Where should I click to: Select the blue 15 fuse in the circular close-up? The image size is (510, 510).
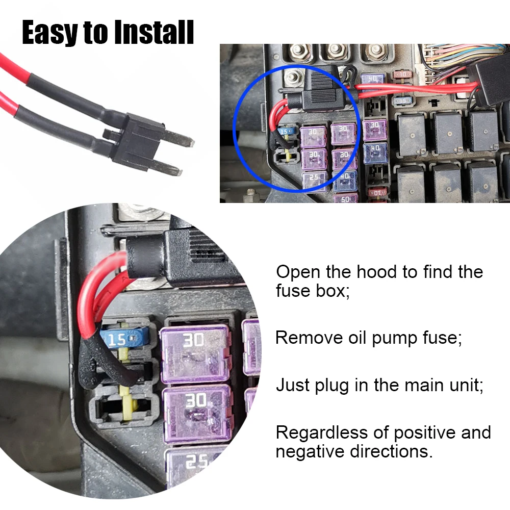tap(124, 338)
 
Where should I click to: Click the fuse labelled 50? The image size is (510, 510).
tap(345, 198)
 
